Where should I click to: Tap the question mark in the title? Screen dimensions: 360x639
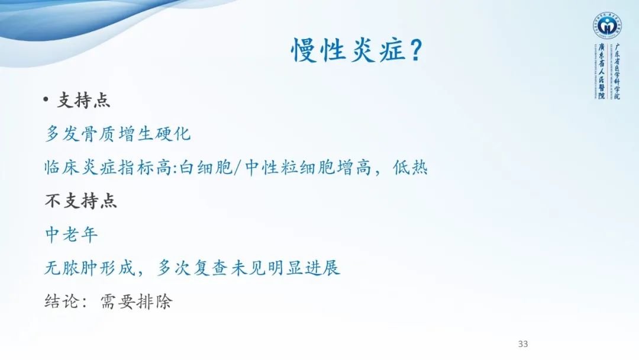(x=415, y=51)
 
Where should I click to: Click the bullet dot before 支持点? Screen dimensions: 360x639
(x=46, y=101)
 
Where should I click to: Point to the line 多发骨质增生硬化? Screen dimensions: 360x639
(x=118, y=134)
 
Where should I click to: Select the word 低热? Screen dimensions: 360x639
(x=410, y=168)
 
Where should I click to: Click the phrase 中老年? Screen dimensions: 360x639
(x=72, y=235)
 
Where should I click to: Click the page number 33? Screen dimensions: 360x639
(x=522, y=344)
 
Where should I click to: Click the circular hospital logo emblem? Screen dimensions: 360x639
(x=606, y=25)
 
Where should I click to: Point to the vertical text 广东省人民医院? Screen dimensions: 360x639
(x=600, y=72)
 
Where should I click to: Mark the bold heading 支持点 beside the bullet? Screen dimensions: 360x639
(x=83, y=101)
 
